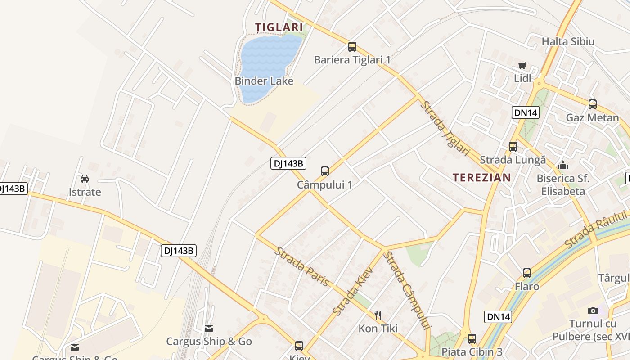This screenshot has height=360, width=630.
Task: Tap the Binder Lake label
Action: point(264,81)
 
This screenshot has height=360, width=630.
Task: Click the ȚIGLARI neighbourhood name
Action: point(279,27)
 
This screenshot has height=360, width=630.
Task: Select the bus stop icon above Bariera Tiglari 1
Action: point(352,46)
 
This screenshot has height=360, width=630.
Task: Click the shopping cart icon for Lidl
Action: point(522,66)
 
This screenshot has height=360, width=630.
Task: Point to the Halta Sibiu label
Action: point(568,42)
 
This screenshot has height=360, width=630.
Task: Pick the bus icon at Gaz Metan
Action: point(593,104)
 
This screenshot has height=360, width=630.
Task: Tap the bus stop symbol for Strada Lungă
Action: point(513,146)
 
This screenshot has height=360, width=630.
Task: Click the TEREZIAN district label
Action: point(482,177)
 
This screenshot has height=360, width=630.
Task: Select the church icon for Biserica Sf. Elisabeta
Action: point(562,165)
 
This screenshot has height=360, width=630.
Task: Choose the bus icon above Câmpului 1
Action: point(325,171)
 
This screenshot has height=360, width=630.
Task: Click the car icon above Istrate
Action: point(85,179)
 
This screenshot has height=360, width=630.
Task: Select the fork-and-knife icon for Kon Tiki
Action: point(378,315)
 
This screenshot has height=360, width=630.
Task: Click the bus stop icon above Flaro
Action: point(527,273)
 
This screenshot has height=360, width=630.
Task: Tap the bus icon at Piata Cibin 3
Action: point(472,338)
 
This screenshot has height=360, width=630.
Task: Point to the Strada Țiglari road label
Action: point(445,128)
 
